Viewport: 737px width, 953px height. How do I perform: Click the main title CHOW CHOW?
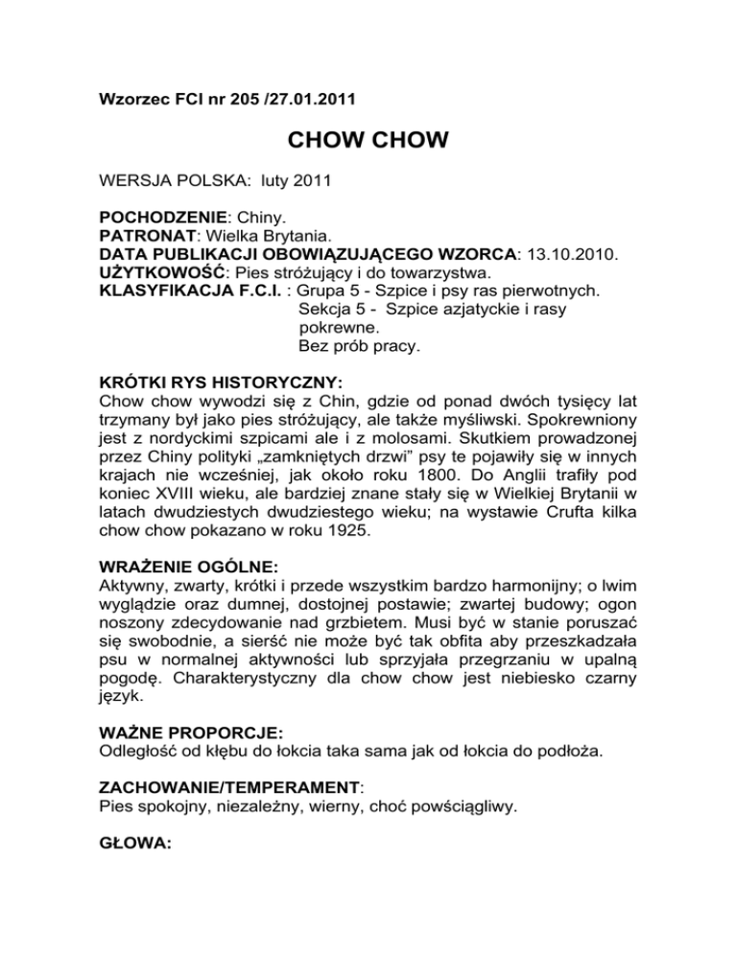[368, 142]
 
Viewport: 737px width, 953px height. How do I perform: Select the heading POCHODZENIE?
[162, 219]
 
